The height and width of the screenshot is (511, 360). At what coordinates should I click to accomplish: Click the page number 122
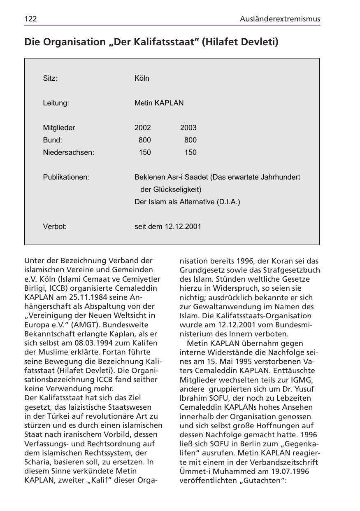click(31, 19)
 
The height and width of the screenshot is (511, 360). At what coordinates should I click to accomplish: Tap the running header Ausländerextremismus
click(280, 19)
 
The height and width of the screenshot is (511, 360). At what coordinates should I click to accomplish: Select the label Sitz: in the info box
click(50, 78)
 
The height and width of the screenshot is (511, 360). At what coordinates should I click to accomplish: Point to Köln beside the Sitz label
click(142, 78)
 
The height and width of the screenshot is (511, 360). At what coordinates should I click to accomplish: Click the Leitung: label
click(56, 103)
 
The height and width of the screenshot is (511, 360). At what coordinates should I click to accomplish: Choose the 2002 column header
click(143, 128)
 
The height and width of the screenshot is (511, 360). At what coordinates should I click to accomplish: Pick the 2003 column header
click(188, 128)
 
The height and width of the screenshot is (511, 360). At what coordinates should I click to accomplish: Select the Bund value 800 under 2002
click(145, 140)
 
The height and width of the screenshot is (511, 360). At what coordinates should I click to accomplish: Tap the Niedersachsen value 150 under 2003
click(190, 152)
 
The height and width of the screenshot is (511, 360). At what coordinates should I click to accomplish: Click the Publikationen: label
click(66, 177)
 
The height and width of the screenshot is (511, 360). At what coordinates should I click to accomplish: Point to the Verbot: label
click(55, 226)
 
